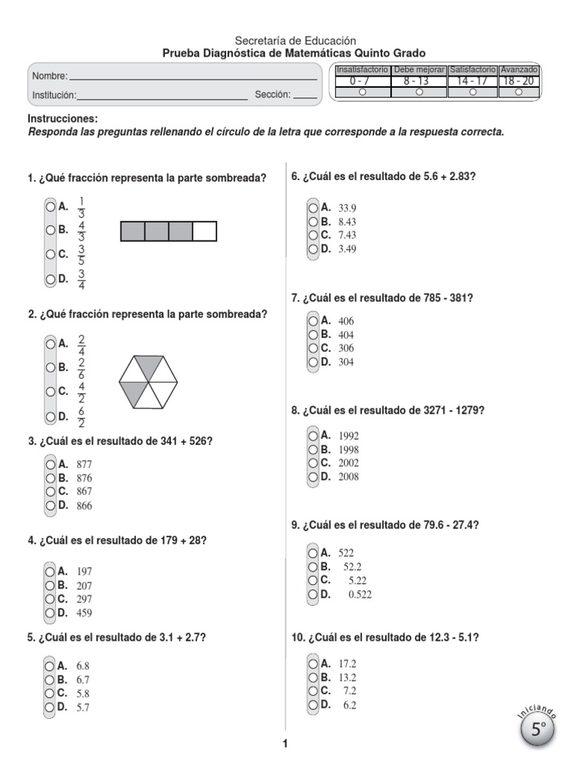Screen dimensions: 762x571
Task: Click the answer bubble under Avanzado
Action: tap(518, 92)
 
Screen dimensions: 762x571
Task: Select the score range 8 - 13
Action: tap(419, 80)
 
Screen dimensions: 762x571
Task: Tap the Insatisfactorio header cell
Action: tap(362, 69)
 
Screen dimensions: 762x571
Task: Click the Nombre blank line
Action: tap(193, 78)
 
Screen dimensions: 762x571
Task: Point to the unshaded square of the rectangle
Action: tap(204, 231)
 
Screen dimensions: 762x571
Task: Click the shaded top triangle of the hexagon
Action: tap(149, 367)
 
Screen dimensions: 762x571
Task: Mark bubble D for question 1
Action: tap(50, 279)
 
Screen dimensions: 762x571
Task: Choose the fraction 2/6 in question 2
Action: tap(82, 367)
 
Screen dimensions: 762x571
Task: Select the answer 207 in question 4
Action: tap(84, 586)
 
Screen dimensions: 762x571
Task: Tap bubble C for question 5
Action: tap(50, 694)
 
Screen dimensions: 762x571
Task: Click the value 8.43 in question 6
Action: tap(347, 222)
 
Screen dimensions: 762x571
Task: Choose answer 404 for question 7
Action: tap(346, 335)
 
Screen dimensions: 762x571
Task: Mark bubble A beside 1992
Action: tap(314, 435)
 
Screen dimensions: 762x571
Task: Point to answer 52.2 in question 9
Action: tap(352, 566)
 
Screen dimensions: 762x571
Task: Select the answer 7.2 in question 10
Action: tap(349, 691)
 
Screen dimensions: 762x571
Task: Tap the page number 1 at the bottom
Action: tap(285, 743)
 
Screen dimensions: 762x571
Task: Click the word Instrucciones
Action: tap(62, 119)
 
